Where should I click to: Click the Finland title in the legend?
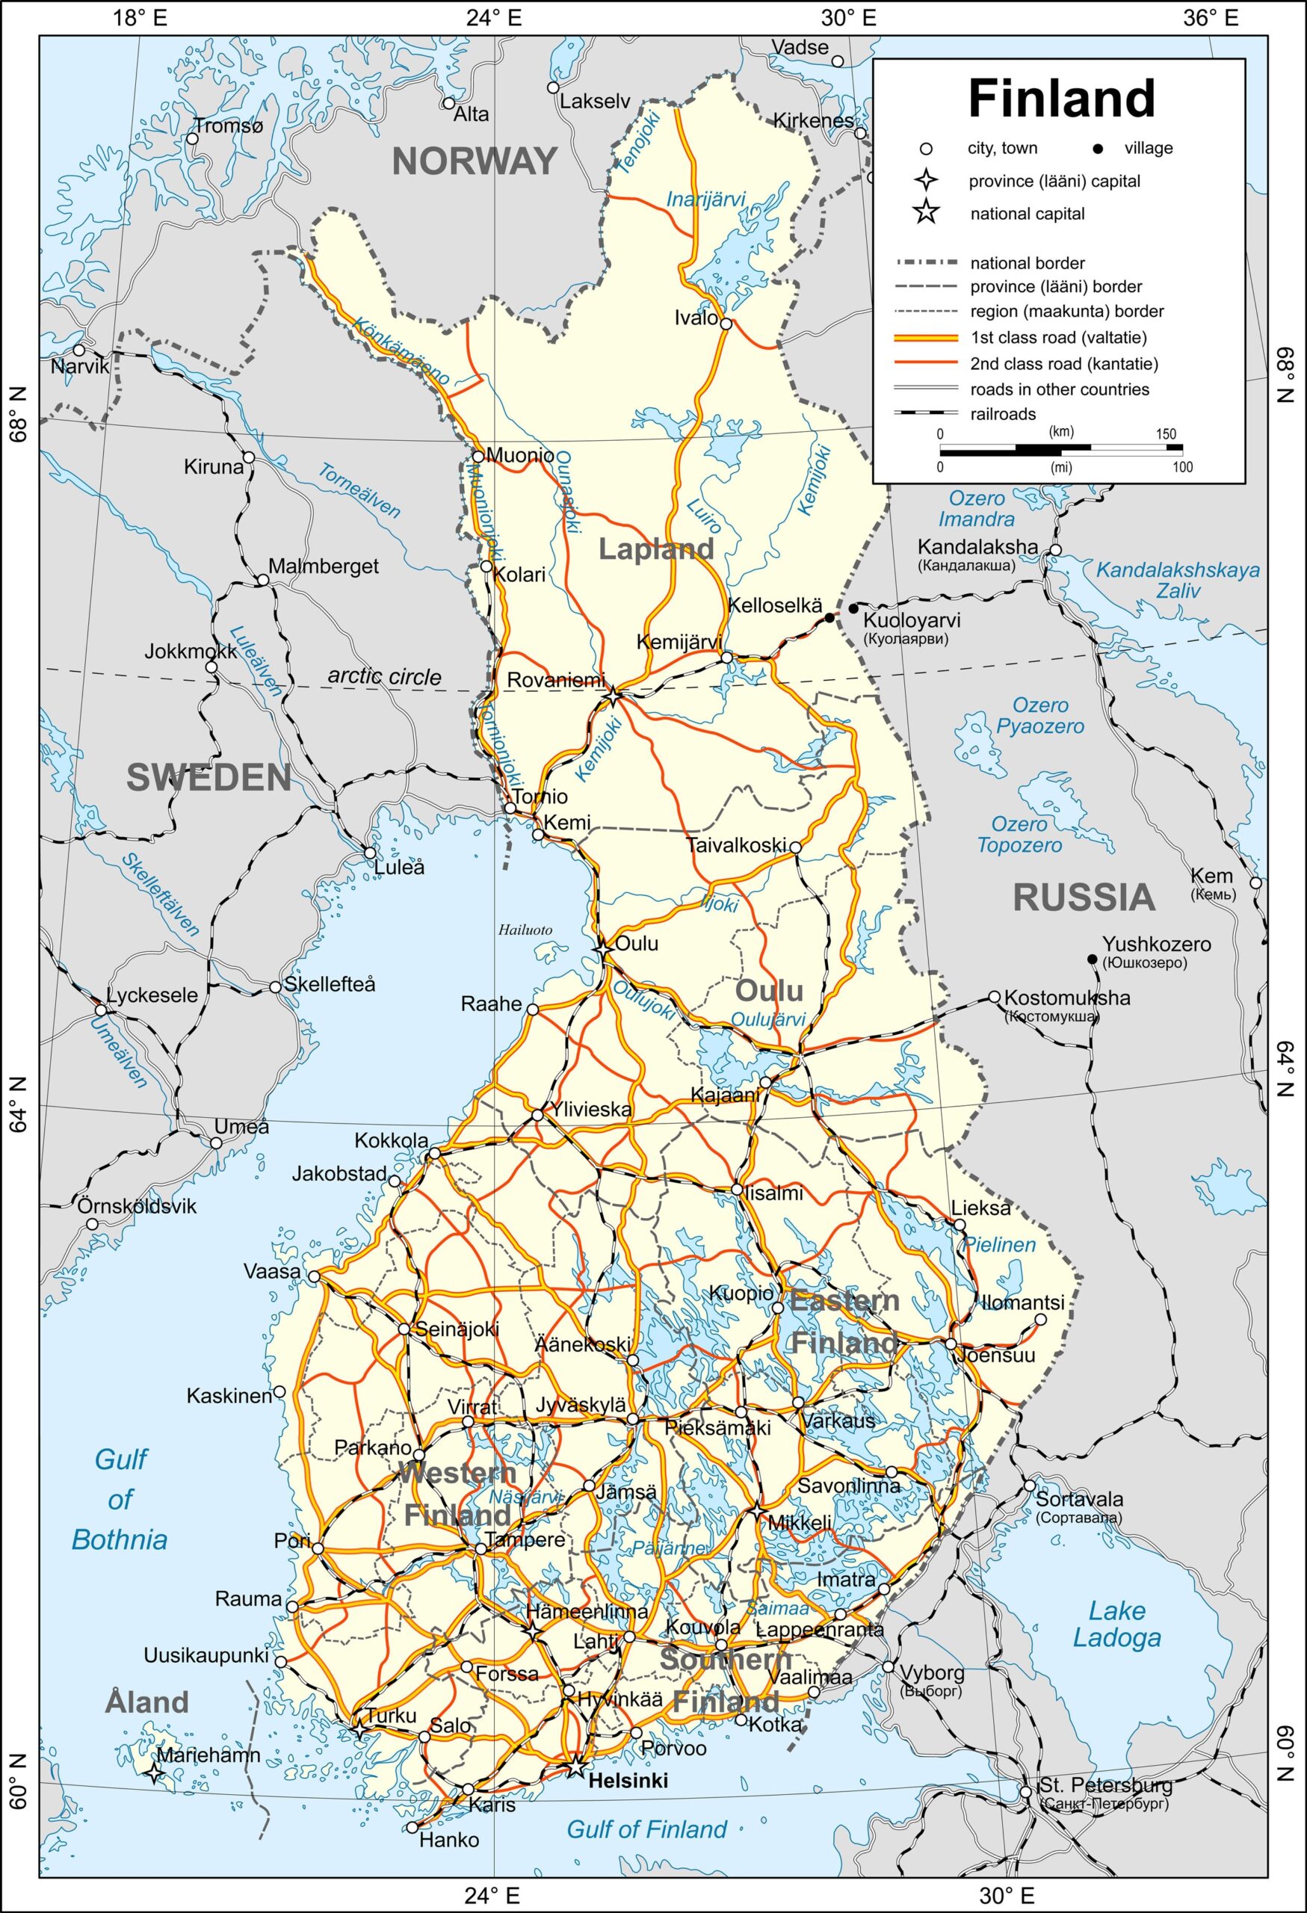pos(1061,99)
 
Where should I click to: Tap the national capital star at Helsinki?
pos(575,1767)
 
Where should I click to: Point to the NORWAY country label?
pos(475,161)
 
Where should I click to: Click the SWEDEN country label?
pos(209,778)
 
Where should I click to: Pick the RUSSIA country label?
pos(1084,897)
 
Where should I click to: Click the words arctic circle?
pos(384,676)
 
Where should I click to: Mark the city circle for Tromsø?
pos(193,138)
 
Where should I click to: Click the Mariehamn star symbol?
pos(154,1773)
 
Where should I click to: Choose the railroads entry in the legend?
pos(1002,414)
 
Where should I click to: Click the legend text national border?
pos(1028,263)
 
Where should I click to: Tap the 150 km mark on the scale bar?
pos(1166,434)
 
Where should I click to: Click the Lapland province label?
pos(656,549)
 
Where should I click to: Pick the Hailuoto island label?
pos(525,930)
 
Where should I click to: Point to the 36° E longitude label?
pos(1211,18)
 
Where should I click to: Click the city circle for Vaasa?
pos(314,1277)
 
